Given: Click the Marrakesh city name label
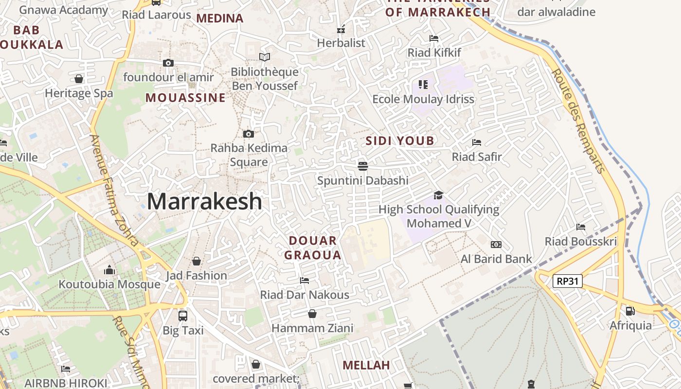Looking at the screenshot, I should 204,201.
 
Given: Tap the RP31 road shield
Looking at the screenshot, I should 568,281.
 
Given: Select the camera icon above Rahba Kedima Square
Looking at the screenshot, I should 249,134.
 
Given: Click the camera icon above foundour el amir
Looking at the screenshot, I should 168,63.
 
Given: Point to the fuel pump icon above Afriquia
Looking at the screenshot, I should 630,311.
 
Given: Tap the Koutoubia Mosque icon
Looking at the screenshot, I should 109,270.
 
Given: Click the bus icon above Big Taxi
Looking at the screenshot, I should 183,316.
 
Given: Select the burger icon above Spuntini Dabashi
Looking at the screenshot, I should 362,166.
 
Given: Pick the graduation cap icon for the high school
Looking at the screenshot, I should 438,195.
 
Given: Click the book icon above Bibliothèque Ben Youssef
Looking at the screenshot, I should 265,57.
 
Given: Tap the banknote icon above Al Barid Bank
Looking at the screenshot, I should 496,245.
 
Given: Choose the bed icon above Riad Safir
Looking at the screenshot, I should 477,142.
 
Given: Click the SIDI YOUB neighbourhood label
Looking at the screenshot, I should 400,141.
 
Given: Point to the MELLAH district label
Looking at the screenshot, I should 366,365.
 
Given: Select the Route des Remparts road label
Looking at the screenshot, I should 578,121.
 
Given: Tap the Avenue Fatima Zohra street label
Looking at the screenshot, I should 114,190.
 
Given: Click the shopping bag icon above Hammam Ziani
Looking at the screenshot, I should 312,314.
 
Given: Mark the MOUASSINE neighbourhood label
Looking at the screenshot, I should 185,98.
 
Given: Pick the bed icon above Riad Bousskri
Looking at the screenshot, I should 581,227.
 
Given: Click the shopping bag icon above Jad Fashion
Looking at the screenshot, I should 197,261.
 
